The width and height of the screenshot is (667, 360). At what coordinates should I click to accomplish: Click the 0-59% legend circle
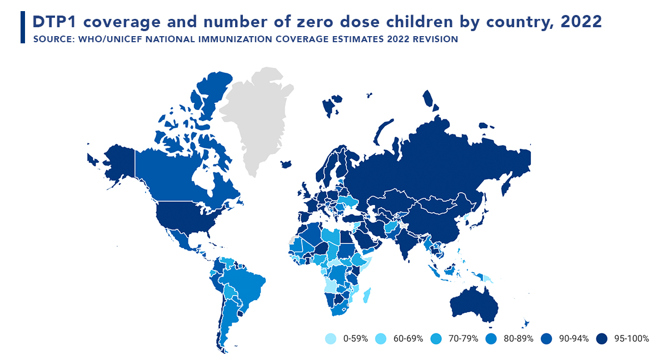point(330,338)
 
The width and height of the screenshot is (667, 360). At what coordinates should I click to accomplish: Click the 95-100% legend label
point(630,338)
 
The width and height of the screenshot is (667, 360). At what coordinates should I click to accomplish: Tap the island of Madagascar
point(367,294)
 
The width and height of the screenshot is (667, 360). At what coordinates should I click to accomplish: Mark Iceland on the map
point(286,164)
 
